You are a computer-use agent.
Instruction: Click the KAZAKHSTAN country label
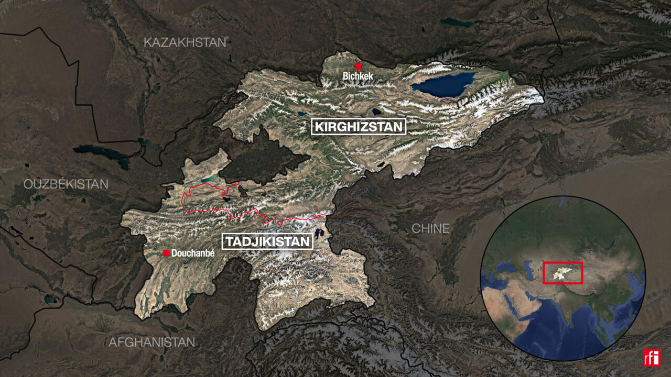(185, 42)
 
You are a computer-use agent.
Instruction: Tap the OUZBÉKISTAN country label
(66, 184)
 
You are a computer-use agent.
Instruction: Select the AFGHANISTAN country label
(151, 342)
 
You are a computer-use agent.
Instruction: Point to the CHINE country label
(430, 228)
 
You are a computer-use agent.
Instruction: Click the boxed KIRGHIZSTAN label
(359, 127)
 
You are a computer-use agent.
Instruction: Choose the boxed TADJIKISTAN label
(267, 241)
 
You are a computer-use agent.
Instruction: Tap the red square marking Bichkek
(359, 66)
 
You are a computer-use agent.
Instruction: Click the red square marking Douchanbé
(166, 253)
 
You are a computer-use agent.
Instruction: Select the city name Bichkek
(358, 76)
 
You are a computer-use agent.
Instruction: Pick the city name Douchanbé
(193, 253)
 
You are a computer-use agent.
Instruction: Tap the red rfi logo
(652, 358)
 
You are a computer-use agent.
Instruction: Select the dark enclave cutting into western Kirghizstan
(262, 157)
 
